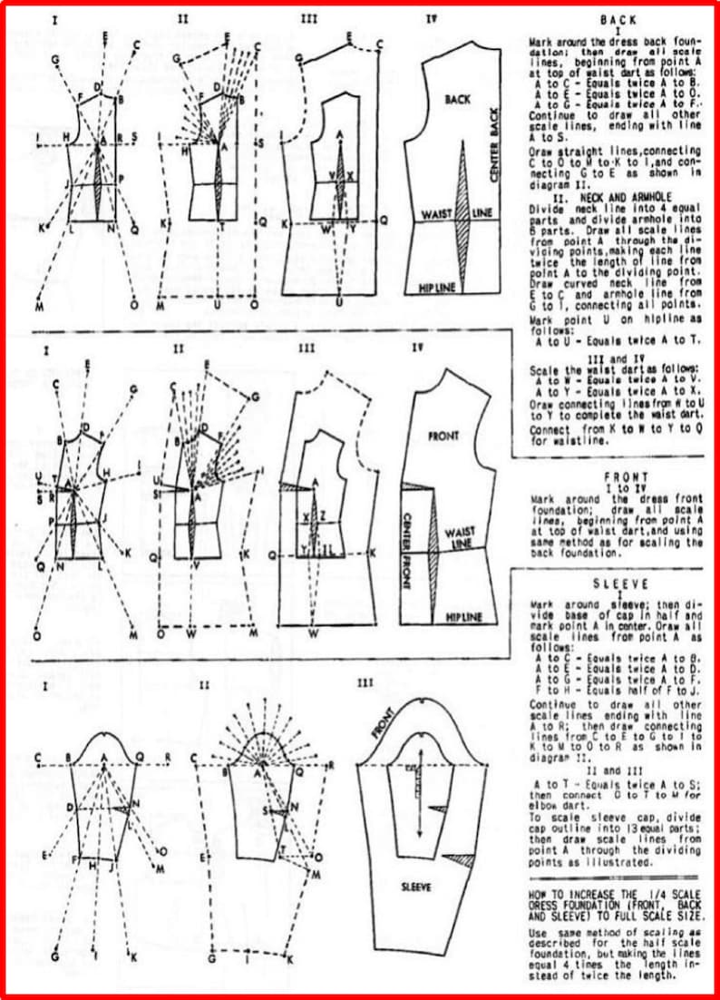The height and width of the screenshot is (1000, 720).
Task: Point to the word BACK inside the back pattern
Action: tap(458, 101)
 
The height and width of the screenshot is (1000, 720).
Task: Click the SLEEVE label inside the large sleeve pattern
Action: tap(418, 885)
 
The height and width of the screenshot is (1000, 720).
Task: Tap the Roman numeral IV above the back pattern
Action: tap(431, 17)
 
